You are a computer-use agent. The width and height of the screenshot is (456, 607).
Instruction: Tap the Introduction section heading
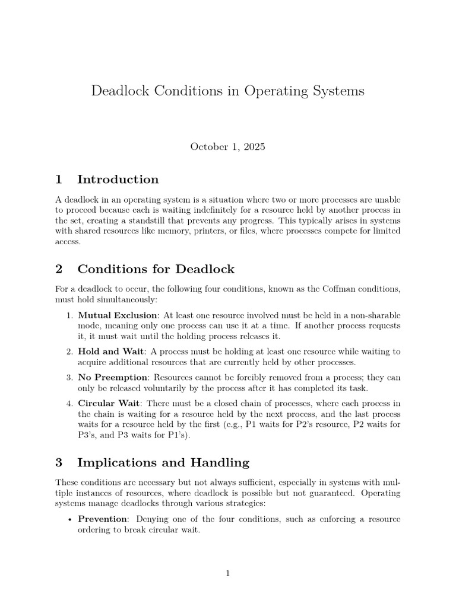tap(118, 180)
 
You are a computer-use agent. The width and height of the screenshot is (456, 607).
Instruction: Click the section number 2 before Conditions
tap(59, 269)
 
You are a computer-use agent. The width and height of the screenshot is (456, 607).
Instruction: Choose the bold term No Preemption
tap(113, 377)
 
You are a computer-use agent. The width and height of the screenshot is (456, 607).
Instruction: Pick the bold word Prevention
tap(103, 519)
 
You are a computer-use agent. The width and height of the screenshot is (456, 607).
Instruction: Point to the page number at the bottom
tap(228, 573)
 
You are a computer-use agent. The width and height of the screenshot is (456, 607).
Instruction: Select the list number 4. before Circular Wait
tap(69, 403)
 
